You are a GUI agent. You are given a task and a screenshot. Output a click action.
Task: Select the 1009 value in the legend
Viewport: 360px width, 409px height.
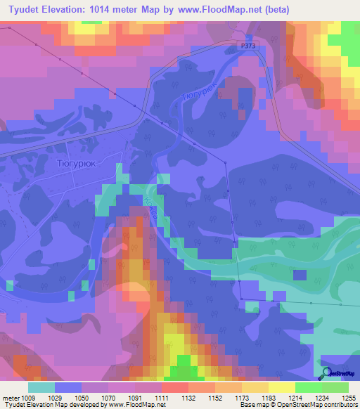coord(28,398)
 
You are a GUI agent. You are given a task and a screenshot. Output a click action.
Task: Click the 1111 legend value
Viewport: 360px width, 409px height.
coord(162,398)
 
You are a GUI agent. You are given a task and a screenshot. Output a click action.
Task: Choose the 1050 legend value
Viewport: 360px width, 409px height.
coord(82,398)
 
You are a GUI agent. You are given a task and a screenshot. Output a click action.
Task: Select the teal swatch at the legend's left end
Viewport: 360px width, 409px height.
coord(41,387)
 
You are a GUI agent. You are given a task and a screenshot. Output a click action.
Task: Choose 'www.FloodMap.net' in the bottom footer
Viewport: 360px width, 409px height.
coord(133,405)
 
